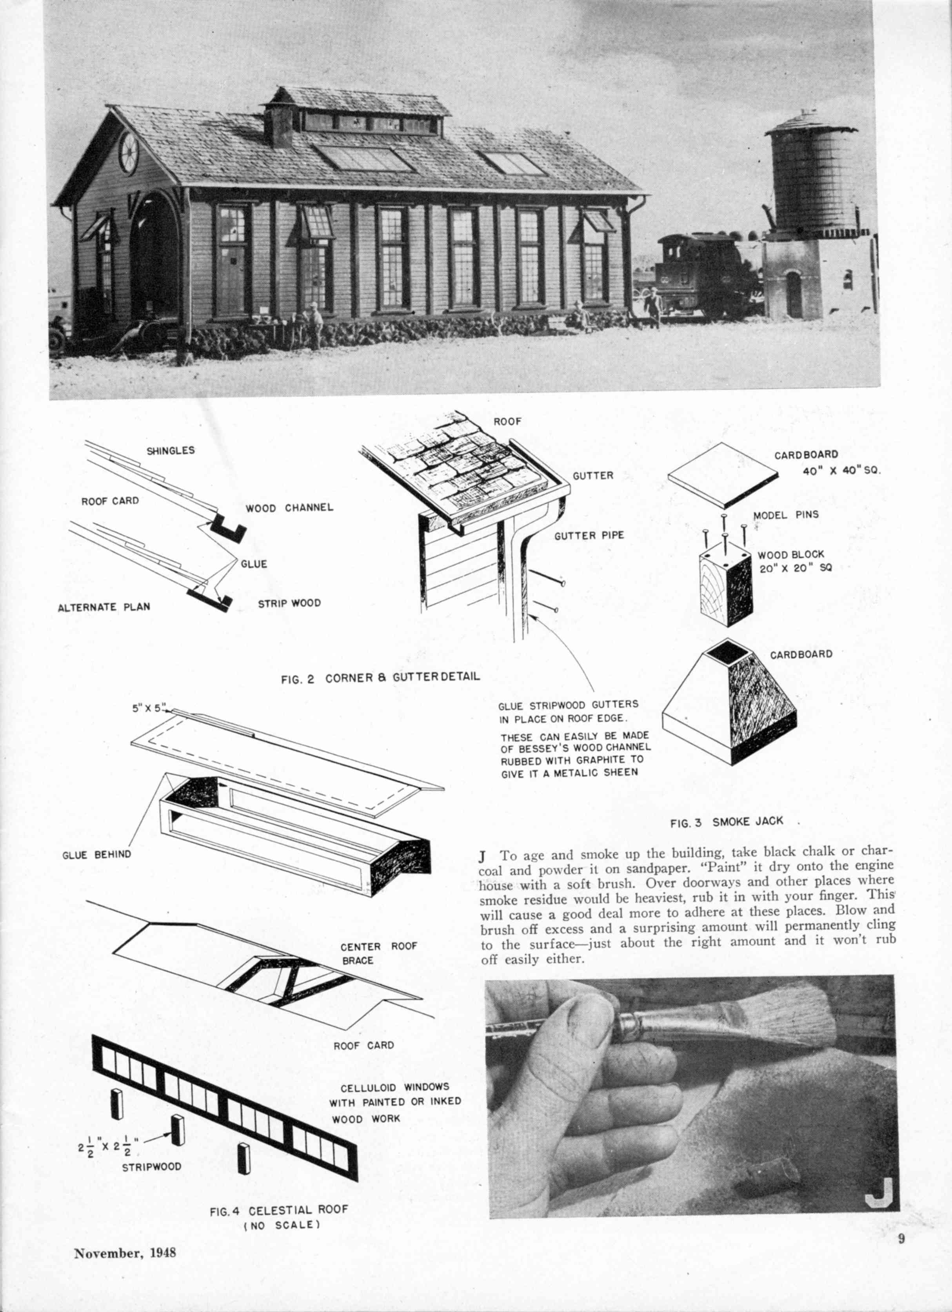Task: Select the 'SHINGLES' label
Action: click(x=171, y=451)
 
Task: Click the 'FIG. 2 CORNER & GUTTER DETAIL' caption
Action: click(x=380, y=678)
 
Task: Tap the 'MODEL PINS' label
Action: click(x=785, y=514)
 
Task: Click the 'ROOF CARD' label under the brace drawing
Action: click(x=363, y=1045)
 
